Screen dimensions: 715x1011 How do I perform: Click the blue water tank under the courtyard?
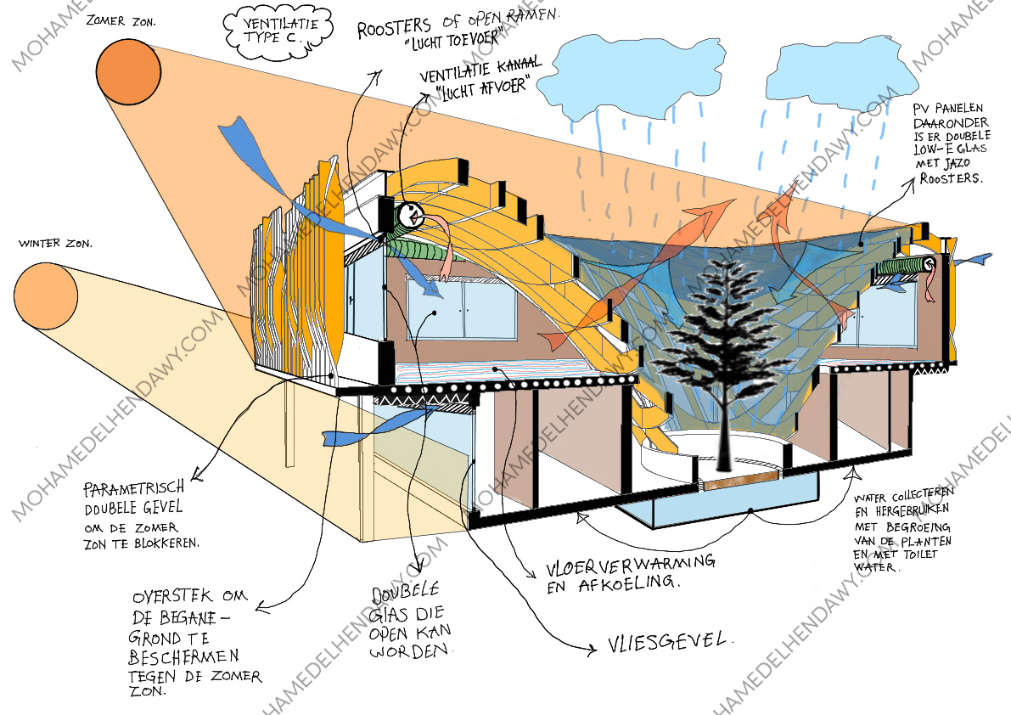[718, 509]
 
